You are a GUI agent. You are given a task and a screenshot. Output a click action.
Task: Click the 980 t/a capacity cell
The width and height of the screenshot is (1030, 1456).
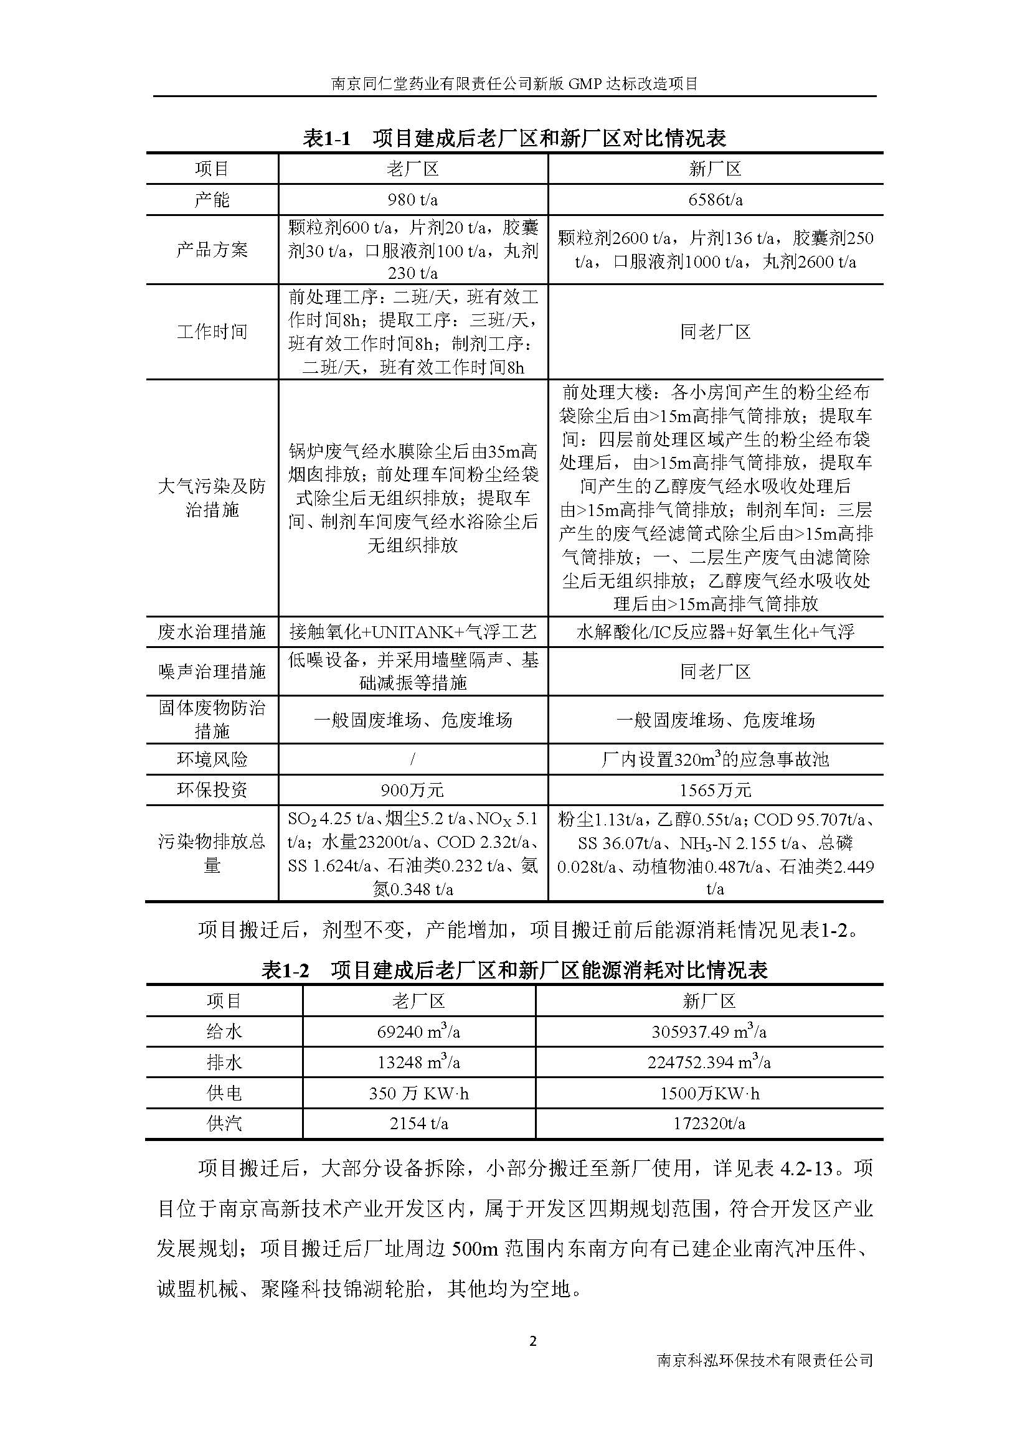[x=412, y=200]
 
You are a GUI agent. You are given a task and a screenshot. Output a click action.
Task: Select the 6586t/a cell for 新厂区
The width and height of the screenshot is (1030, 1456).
[x=716, y=200]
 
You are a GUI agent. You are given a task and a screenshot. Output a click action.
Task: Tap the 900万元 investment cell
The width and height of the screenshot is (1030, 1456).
[x=412, y=790]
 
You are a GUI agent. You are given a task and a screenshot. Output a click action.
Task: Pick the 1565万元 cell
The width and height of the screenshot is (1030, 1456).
[x=716, y=790]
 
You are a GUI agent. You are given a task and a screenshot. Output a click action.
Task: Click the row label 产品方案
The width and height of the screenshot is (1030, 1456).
[x=212, y=250]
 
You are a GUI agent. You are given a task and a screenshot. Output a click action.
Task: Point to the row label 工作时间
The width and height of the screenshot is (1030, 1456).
[x=212, y=332]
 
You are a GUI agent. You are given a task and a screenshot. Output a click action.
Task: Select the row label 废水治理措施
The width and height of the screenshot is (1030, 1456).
[x=212, y=632]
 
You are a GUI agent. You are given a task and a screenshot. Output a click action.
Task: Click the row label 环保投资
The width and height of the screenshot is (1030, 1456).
[x=212, y=790]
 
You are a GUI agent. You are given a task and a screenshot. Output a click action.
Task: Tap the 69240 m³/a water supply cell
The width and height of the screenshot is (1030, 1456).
[x=418, y=1031]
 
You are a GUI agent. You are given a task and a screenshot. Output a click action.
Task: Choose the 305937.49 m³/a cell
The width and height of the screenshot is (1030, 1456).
[x=709, y=1031]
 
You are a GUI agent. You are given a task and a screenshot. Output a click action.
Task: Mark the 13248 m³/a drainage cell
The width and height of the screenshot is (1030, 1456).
[x=418, y=1062]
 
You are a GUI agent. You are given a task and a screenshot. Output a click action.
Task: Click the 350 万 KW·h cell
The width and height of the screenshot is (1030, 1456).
[x=418, y=1093]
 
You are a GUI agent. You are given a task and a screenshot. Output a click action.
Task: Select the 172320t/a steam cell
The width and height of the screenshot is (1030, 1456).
[x=709, y=1124]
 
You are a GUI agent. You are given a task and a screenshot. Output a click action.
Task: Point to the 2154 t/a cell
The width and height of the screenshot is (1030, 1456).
[x=418, y=1124]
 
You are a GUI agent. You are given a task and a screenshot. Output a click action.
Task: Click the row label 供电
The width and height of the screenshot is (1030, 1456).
[x=224, y=1093]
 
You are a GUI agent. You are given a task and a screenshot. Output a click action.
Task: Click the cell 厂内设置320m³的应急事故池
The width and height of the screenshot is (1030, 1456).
[x=716, y=759]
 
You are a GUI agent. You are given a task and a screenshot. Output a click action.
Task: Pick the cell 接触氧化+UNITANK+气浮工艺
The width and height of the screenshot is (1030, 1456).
[x=412, y=632]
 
